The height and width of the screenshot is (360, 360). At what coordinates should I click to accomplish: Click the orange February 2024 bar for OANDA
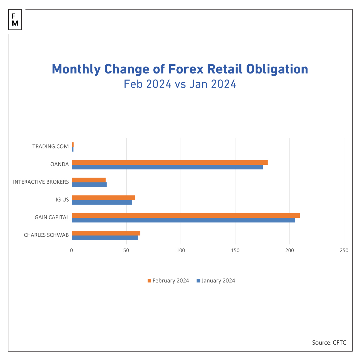tap(170, 162)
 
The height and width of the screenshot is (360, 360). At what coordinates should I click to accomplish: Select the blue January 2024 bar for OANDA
tap(167, 167)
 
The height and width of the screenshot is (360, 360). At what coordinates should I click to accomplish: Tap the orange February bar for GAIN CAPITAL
tap(186, 215)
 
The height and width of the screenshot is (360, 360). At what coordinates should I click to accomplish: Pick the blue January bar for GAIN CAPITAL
tap(183, 220)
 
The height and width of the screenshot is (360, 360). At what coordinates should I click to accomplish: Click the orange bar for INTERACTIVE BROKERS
tap(89, 180)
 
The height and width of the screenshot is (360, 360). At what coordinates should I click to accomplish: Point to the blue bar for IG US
tap(102, 202)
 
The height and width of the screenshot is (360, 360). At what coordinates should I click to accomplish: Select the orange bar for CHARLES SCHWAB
tap(106, 233)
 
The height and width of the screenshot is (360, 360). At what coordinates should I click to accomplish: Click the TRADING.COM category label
tap(50, 147)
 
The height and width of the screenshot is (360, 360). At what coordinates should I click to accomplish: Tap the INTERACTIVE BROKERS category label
tap(41, 182)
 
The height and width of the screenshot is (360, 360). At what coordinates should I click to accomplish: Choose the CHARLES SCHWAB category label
tap(46, 235)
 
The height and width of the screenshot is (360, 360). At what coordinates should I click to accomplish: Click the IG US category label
tap(62, 200)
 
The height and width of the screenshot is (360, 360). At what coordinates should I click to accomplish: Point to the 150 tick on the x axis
tap(235, 250)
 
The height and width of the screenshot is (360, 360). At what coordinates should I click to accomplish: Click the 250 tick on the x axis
tap(344, 250)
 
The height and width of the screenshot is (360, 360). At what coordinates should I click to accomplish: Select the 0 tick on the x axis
tap(72, 250)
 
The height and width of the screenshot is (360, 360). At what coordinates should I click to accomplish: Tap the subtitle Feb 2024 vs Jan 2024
tap(180, 84)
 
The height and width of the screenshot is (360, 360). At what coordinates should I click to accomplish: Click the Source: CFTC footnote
tap(329, 343)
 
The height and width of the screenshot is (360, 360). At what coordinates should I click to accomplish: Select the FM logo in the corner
tap(15, 20)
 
